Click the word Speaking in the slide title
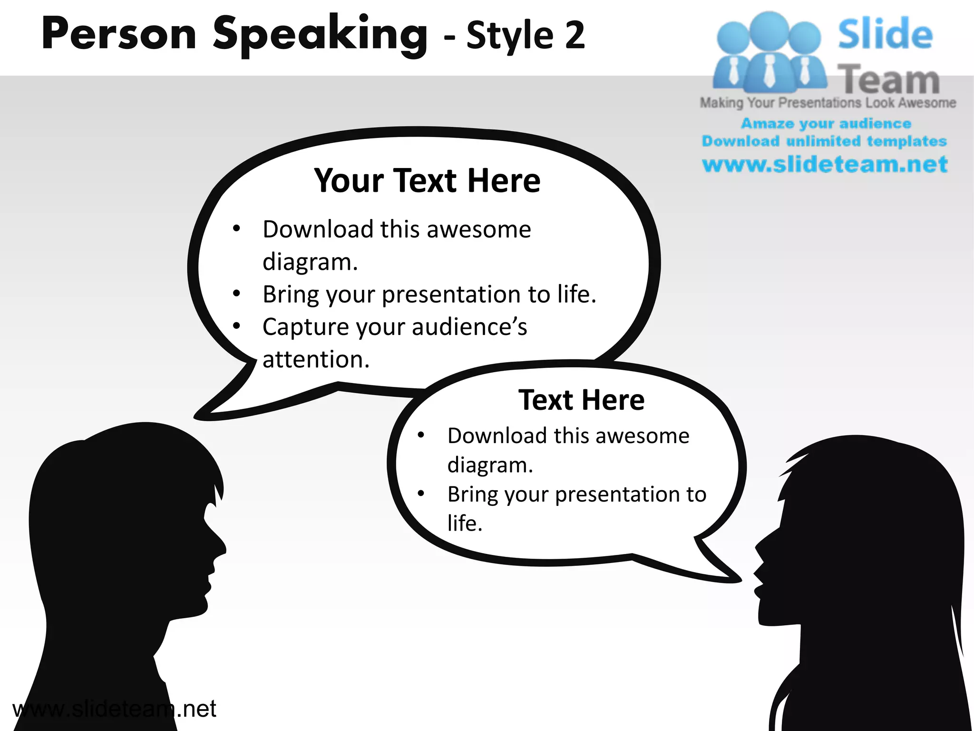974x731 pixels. (320, 34)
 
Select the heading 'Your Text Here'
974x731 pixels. (427, 181)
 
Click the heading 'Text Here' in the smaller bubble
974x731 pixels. (581, 400)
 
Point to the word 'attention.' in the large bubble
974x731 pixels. (316, 359)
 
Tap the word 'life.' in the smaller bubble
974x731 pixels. (465, 524)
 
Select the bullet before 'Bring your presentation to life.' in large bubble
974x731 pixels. (236, 294)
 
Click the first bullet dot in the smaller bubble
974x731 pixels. (420, 435)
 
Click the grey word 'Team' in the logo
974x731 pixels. (888, 79)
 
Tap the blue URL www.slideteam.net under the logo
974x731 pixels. (825, 164)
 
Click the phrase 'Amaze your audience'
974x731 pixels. (826, 124)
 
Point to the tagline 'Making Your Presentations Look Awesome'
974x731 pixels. (828, 103)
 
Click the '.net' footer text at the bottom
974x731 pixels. (196, 709)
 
